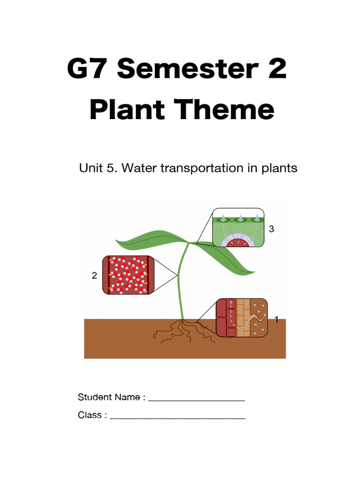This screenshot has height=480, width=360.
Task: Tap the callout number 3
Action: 271,229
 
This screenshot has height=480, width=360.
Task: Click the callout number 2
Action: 94,276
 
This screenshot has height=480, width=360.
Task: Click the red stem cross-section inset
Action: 128,275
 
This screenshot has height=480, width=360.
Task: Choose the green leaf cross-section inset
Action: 239,228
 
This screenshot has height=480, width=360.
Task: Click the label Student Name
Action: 109,397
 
